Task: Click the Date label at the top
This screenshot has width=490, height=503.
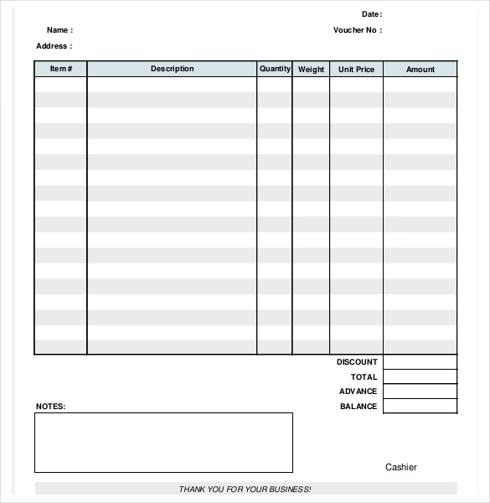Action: tap(371, 14)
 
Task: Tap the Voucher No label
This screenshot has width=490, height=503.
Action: tap(357, 30)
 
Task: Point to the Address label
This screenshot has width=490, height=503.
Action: tap(54, 46)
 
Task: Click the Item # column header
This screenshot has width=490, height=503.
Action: tap(61, 69)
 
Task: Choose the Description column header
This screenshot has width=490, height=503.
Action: tap(172, 69)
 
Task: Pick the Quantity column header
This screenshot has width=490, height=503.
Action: tap(275, 69)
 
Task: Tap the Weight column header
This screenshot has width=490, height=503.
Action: tap(311, 70)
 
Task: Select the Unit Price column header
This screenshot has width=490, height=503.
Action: tap(356, 70)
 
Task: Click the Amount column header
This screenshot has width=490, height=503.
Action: tap(420, 70)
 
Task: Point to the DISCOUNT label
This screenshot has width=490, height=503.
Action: tap(357, 362)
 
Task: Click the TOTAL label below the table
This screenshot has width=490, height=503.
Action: tap(364, 377)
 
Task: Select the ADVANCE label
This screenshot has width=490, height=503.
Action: tap(358, 392)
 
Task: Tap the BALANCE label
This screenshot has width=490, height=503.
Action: tap(358, 407)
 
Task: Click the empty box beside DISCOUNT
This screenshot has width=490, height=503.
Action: tap(420, 362)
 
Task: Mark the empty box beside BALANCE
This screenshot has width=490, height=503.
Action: tap(420, 407)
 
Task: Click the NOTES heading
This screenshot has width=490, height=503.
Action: tap(50, 407)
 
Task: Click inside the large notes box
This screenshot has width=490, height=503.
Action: tap(163, 443)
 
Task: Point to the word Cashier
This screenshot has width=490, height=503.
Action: tap(400, 468)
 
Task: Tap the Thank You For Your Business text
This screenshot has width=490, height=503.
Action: tap(245, 489)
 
